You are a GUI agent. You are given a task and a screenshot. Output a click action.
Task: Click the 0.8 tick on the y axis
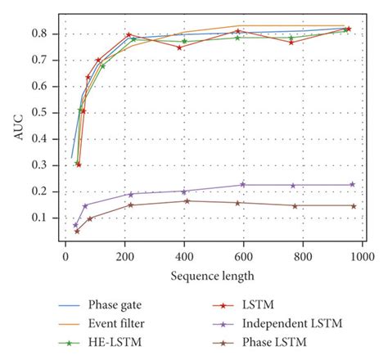tap(45, 34)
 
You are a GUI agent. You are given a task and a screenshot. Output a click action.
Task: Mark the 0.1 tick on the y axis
tap(45, 218)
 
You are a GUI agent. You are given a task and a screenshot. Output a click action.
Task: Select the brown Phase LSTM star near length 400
tap(187, 201)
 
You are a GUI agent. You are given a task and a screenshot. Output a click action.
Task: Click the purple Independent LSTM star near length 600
tap(242, 185)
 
